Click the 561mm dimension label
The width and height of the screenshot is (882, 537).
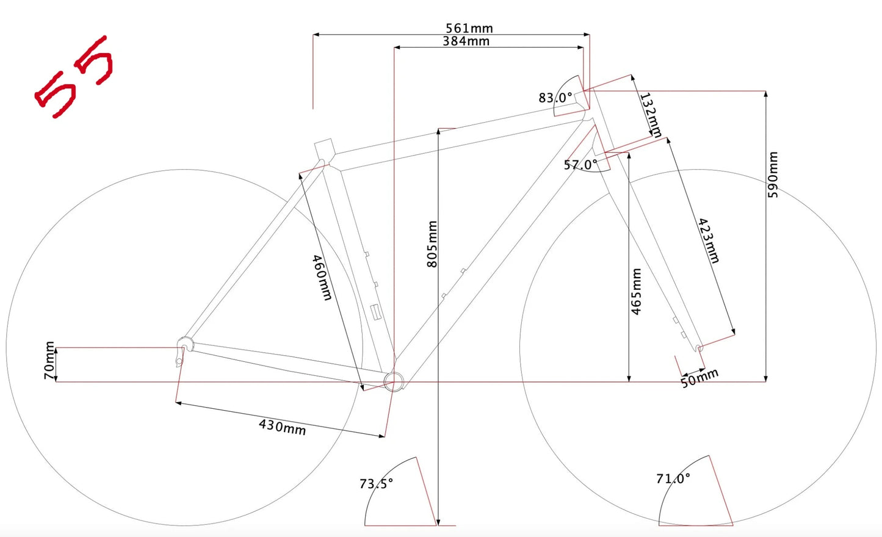click(469, 28)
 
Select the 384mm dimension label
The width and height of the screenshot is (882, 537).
click(466, 41)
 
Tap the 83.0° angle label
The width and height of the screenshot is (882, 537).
click(555, 98)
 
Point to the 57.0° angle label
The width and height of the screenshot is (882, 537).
click(580, 165)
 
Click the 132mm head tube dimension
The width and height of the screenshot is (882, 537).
click(650, 115)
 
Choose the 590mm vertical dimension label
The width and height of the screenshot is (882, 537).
click(773, 175)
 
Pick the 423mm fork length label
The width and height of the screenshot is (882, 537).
click(709, 240)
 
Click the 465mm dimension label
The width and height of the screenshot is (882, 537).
click(636, 292)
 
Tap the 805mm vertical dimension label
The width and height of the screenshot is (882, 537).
click(432, 244)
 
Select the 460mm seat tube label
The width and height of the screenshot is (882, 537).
click(322, 278)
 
